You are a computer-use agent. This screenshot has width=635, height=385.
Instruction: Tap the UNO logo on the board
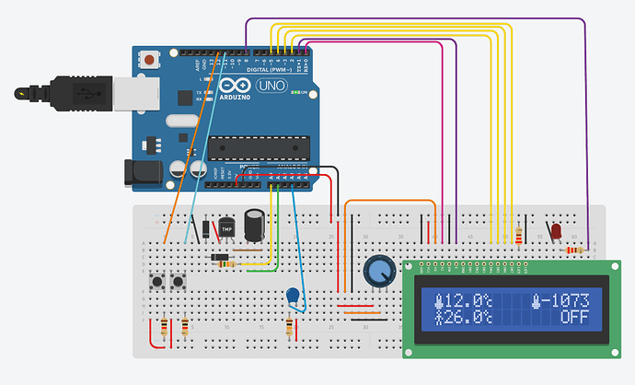pos(273,86)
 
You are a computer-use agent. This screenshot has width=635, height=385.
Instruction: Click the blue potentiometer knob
pos(377,271)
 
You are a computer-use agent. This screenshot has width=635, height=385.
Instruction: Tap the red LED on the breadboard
pos(557,231)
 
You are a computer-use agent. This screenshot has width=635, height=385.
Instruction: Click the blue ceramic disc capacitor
pos(294,296)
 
